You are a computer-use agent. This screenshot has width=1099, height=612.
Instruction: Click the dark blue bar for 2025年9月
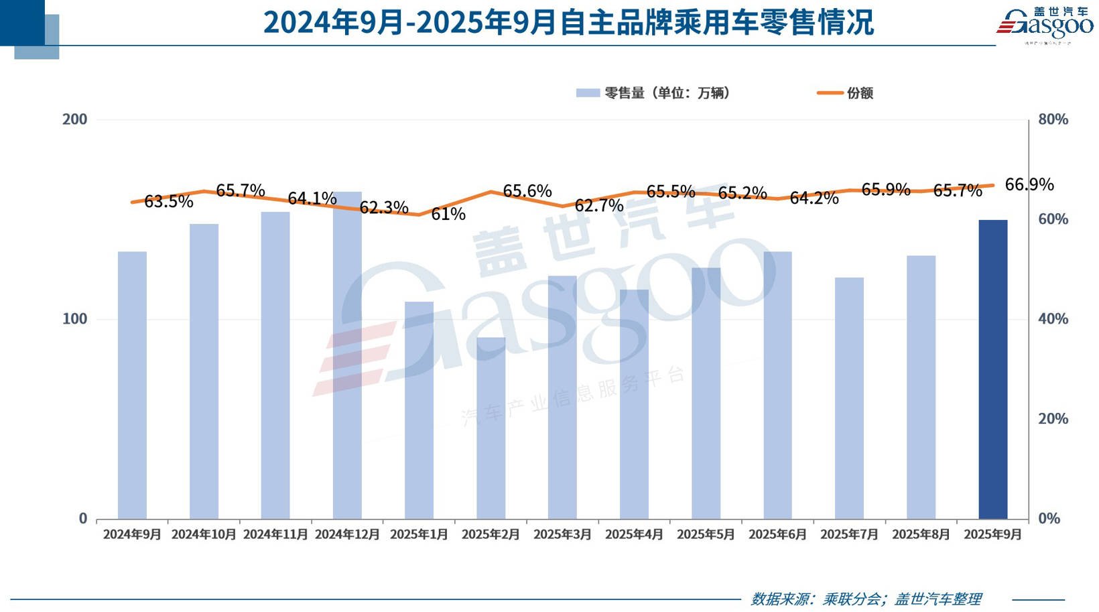tap(992, 369)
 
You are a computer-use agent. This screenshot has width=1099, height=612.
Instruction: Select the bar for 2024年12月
tap(347, 355)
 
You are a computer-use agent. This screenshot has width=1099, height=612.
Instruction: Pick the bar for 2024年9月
tap(132, 385)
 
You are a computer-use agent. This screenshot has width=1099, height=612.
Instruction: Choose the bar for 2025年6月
tap(777, 385)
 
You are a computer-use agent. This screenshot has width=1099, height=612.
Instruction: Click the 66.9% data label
tap(1029, 184)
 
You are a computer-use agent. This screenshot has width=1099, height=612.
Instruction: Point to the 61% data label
tap(448, 214)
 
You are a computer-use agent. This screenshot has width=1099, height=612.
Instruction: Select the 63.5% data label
tap(169, 201)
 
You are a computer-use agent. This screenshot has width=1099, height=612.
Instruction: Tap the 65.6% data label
tap(527, 191)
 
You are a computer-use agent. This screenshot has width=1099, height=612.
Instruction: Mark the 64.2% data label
tap(814, 198)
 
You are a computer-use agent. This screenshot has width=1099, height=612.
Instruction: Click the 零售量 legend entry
tap(653, 93)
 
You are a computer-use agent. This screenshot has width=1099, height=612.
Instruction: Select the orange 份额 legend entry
tap(846, 93)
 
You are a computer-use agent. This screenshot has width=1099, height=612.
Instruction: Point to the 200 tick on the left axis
tap(75, 119)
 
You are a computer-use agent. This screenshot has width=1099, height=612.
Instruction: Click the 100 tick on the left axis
tap(75, 319)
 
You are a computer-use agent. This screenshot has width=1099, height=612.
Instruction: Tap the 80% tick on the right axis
tap(1053, 119)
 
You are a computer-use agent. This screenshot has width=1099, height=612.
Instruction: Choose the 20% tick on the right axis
tap(1053, 419)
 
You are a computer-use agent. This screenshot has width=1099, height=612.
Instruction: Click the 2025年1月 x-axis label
tap(419, 534)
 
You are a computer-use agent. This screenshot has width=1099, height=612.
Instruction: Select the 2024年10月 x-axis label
tap(204, 534)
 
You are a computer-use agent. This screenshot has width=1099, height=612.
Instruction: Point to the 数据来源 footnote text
tap(866, 599)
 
